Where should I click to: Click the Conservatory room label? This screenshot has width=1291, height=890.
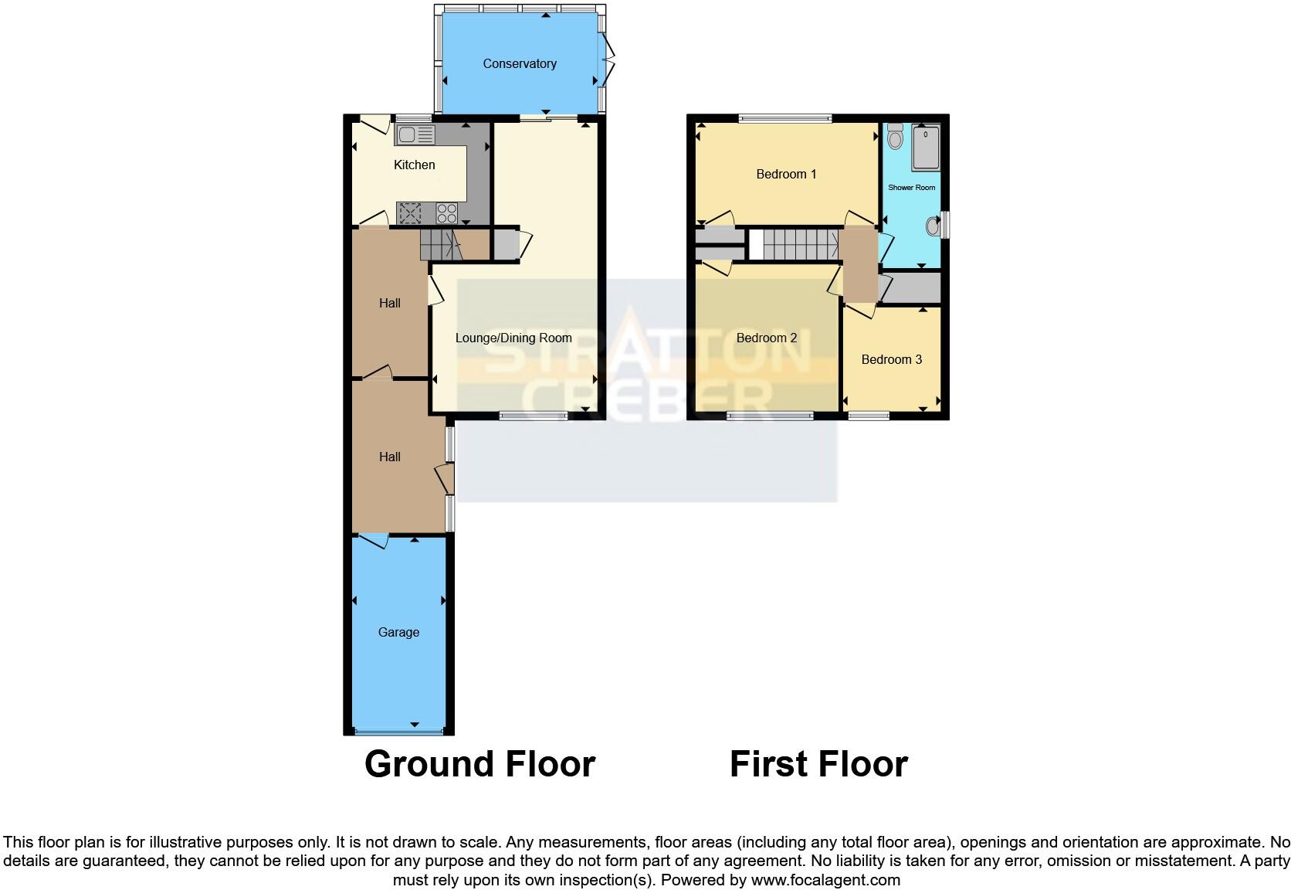click(x=519, y=64)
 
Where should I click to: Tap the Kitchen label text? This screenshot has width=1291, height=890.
click(x=414, y=165)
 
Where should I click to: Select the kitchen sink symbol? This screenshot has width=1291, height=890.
click(x=415, y=135)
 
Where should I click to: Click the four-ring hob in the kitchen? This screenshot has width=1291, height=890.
click(x=447, y=212)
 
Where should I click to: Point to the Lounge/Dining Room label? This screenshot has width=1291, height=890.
click(x=513, y=338)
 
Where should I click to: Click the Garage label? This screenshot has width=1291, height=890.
click(x=398, y=632)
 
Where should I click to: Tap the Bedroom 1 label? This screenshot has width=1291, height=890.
click(x=785, y=174)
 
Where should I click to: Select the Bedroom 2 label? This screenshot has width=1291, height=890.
click(x=766, y=338)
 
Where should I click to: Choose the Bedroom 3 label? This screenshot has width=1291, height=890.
click(x=891, y=359)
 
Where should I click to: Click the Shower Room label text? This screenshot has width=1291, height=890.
click(x=911, y=188)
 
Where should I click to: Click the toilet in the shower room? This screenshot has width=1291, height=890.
click(x=896, y=137)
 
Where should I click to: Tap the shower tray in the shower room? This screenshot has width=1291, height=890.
click(x=926, y=148)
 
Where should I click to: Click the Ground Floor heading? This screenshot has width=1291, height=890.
click(x=479, y=764)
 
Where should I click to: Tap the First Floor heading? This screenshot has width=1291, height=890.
click(x=818, y=764)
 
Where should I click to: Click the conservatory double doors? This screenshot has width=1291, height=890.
click(x=608, y=63)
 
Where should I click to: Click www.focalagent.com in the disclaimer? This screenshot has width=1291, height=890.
click(x=825, y=880)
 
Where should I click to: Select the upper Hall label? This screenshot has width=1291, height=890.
click(x=389, y=303)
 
